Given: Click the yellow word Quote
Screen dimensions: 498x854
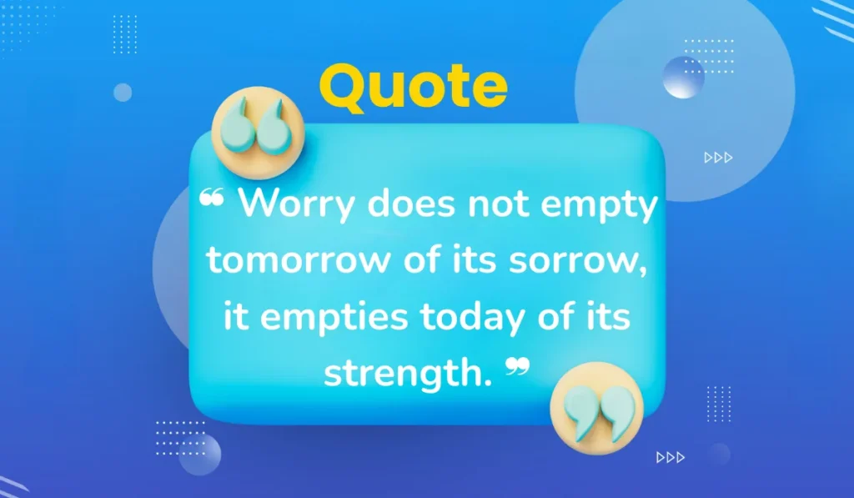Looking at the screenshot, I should pyautogui.click(x=413, y=87).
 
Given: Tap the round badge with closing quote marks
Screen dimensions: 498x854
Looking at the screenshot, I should pyautogui.click(x=595, y=402).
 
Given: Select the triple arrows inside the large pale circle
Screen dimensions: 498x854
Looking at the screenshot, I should pyautogui.click(x=718, y=157).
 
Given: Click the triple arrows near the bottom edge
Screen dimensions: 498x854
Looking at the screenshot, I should pyautogui.click(x=670, y=456).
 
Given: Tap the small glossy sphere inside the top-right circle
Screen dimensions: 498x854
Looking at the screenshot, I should pyautogui.click(x=684, y=78).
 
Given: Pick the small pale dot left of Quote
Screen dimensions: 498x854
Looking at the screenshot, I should pyautogui.click(x=123, y=93).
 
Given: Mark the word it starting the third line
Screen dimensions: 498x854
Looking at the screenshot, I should pyautogui.click(x=236, y=318).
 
